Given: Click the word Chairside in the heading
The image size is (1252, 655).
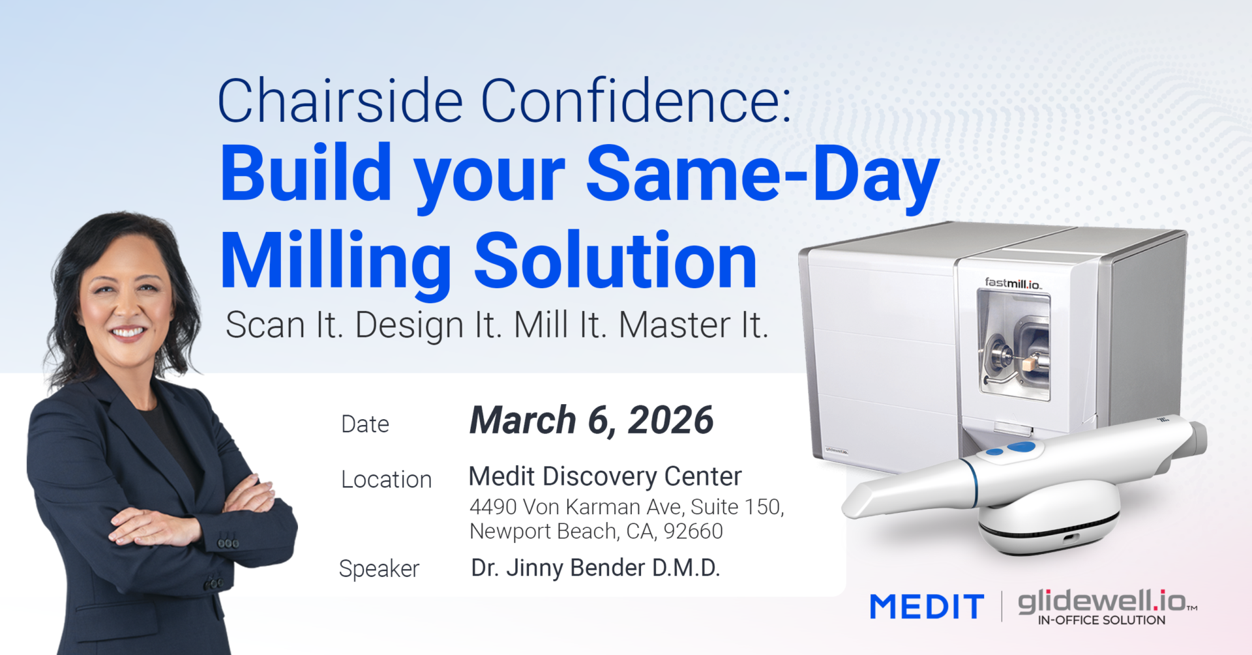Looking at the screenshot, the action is tap(340, 100).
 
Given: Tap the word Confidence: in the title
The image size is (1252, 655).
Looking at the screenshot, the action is tap(636, 100).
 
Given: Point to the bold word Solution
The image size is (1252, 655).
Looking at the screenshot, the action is tap(616, 260).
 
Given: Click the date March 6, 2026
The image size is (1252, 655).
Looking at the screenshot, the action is tap(591, 420).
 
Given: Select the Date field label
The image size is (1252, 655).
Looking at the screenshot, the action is tap(365, 424).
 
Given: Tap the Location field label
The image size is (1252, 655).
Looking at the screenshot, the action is tap(386, 480).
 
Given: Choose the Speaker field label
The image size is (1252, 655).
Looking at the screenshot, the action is tap(379, 569).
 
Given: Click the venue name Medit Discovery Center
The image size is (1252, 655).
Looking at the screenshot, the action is tap(605, 477).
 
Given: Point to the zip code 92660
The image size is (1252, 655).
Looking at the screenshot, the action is tap(693, 531).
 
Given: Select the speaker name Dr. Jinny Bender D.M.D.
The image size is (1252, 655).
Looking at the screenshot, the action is tap(595, 568).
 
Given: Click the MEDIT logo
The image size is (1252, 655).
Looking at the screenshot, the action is tap(927, 607).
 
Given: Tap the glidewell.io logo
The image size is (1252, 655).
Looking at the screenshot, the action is tap(1107, 607).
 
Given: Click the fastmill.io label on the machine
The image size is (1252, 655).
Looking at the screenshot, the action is tap(1013, 283).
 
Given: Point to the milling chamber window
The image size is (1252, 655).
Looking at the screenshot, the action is tap(1014, 345).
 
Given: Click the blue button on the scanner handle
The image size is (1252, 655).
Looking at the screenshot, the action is tap(1021, 447).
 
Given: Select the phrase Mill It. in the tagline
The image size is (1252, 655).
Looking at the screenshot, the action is tap(560, 325).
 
